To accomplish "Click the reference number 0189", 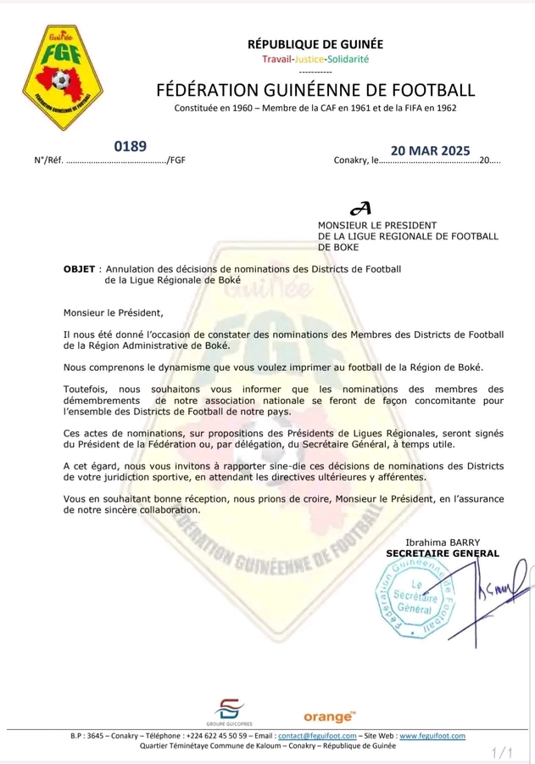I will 131,147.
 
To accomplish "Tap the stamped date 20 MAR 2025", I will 430,151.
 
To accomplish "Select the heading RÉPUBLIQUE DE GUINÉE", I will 315,44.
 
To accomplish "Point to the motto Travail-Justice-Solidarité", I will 315,59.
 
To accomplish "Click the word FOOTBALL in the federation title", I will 426,91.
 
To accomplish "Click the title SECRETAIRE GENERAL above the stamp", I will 443,553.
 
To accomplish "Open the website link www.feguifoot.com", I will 438,735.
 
